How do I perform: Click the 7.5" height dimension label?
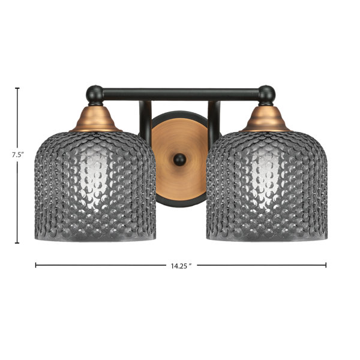click(x=18, y=155)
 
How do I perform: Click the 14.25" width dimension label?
click(x=181, y=266)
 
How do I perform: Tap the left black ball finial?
click(x=95, y=94)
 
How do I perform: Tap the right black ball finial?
click(x=266, y=94)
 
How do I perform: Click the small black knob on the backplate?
click(x=180, y=160)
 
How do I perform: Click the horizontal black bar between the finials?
click(x=181, y=94)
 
